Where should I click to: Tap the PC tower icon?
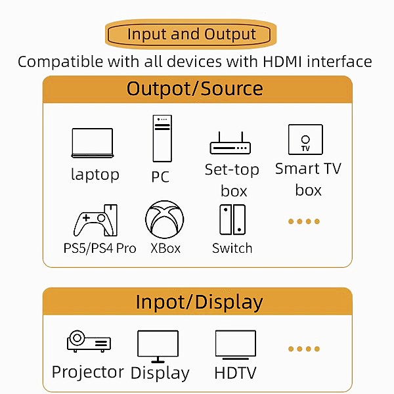[162, 139]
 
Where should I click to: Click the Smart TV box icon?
[305, 139]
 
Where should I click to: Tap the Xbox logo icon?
[165, 219]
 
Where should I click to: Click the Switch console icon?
[232, 219]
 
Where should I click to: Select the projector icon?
[89, 342]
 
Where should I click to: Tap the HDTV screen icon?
[235, 345]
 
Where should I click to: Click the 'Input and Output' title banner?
[191, 34]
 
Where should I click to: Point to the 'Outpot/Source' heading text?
[195, 89]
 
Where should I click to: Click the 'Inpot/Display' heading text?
[199, 302]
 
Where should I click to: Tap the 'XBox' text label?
[165, 248]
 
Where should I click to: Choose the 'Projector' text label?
[88, 372]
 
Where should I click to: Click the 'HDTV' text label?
[235, 373]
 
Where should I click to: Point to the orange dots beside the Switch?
[304, 221]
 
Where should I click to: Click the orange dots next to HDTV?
[304, 349]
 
